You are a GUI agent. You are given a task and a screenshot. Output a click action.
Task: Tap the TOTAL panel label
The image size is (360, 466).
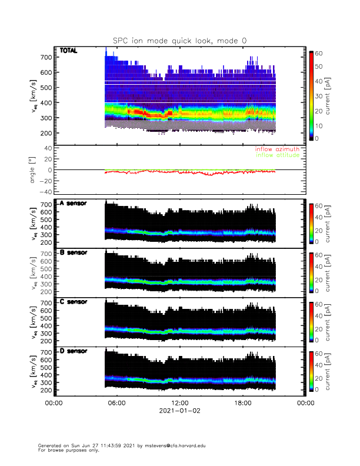(69, 52)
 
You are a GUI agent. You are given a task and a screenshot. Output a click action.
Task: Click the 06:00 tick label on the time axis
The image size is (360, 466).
(116, 402)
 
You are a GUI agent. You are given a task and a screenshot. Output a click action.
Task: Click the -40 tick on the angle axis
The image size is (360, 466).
(45, 192)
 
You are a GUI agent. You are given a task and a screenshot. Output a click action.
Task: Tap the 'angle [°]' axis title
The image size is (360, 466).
(34, 170)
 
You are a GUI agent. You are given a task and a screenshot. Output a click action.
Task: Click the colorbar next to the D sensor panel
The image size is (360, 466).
(311, 371)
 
